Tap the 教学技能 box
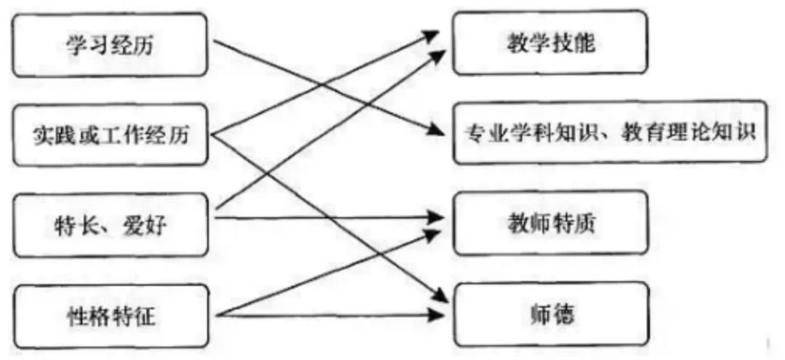(550, 44)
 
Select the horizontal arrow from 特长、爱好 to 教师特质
(327, 217)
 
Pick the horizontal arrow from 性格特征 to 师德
(327, 314)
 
